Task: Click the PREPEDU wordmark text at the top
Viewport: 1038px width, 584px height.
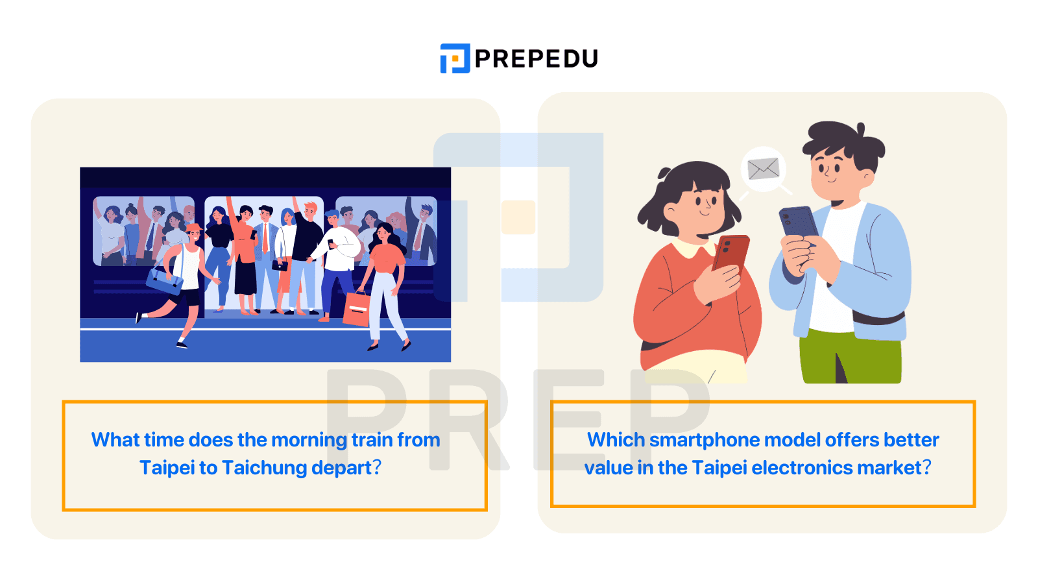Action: pos(536,59)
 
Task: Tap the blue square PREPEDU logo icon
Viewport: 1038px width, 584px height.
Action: pos(455,58)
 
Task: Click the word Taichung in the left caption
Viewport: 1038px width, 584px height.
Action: pos(264,468)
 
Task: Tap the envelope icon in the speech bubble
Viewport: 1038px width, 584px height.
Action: pos(763,169)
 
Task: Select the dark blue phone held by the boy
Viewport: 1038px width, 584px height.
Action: pos(799,223)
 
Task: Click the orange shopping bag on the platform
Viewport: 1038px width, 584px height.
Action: pos(356,309)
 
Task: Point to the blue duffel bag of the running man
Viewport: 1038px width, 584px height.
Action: pos(165,280)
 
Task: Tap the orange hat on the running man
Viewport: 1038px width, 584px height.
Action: pos(194,227)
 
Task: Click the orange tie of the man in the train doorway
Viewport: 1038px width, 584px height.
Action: pos(265,237)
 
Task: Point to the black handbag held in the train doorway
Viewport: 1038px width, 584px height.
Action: pos(280,265)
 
